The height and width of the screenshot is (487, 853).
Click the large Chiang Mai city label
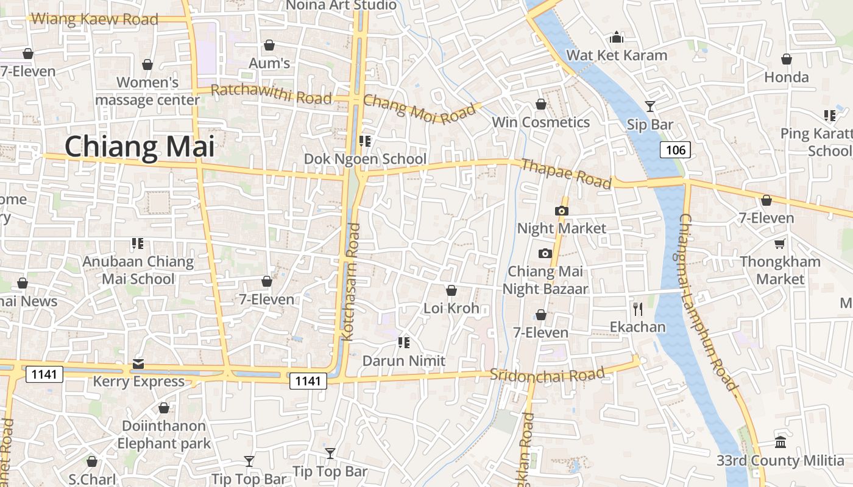140,147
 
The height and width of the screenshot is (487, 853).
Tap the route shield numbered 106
675,150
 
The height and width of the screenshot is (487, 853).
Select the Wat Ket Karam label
617,55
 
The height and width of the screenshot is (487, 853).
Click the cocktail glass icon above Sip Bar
650,107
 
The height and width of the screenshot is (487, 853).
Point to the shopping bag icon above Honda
787,59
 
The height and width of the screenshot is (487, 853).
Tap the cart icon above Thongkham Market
779,244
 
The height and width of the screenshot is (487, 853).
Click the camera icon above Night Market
561,211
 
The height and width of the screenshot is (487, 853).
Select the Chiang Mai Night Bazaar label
545,280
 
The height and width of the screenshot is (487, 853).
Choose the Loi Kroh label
451,308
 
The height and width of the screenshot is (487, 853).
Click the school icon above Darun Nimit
403,343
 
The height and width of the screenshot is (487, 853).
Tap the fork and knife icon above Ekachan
638,309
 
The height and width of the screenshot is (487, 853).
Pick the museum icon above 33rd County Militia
780,443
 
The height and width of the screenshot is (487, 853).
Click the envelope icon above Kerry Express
138,364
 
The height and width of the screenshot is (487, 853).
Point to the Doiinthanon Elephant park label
164,434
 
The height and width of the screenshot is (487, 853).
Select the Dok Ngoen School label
365,159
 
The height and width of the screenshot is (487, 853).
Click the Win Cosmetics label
540,122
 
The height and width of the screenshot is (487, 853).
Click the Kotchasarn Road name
352,281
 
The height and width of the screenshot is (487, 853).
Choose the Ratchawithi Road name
271,94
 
